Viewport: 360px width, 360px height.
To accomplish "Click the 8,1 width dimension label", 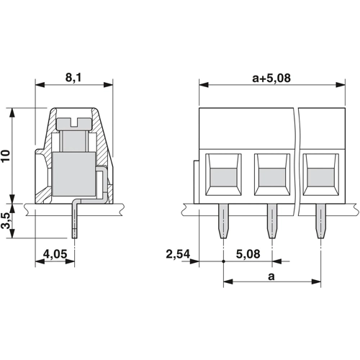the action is coord(73,78).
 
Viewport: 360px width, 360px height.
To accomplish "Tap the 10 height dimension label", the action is coord(6,156).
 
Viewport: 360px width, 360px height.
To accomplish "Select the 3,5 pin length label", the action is coord(6,220).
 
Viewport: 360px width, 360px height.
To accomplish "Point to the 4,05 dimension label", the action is coord(55,254).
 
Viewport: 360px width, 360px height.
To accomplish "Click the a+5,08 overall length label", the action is coord(271,78).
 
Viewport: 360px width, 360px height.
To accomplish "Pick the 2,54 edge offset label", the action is coord(178,254).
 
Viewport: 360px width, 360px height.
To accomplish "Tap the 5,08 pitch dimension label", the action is coord(248,254).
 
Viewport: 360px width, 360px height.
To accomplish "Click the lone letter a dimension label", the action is coord(271,276).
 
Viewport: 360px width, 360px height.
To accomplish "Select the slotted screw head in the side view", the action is coord(74,124).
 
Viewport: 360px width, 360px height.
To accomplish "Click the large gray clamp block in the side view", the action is coord(74,174).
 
